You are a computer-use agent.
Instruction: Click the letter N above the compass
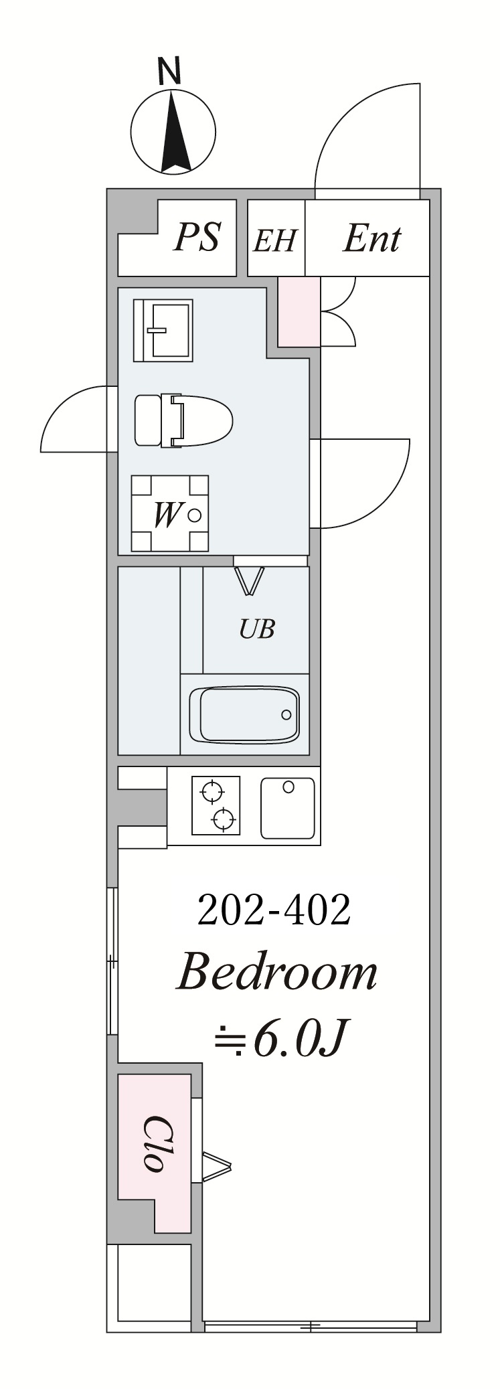click(170, 72)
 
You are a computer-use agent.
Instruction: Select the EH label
click(274, 240)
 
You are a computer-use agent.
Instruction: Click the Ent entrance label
click(371, 239)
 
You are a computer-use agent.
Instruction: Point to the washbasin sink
click(163, 330)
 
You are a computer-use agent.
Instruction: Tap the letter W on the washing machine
click(166, 515)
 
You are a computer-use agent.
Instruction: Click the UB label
click(258, 629)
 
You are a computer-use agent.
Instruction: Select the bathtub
click(244, 714)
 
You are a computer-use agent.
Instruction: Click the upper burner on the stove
click(213, 791)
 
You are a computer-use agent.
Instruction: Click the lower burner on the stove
click(224, 818)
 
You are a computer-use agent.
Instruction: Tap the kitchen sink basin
click(287, 808)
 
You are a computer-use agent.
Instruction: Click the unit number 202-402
click(274, 910)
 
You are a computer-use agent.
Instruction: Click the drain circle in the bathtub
click(286, 714)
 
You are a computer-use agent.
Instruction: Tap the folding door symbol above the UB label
click(250, 580)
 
